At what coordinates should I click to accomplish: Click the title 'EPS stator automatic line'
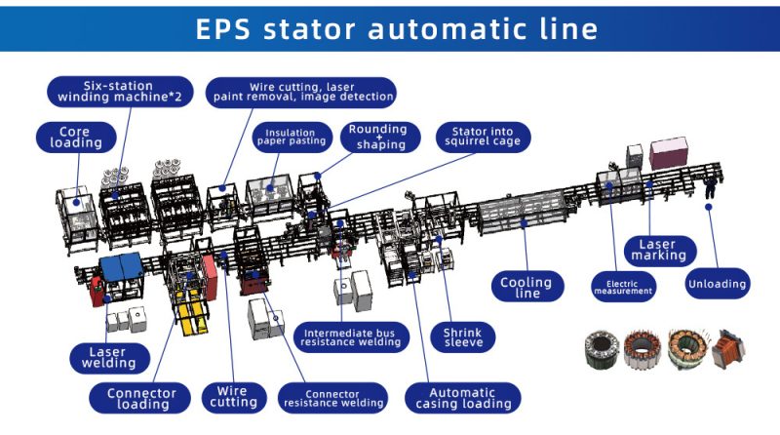tap(397, 29)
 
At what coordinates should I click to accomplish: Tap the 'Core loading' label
tap(76, 138)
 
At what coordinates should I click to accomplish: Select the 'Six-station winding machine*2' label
tap(120, 92)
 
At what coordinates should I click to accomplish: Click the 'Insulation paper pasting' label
tap(292, 137)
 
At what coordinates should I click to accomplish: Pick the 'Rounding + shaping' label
tap(380, 137)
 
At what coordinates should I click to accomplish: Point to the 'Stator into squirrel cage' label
tap(483, 137)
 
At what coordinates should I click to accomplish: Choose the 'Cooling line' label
tap(527, 287)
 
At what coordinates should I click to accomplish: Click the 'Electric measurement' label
tap(623, 287)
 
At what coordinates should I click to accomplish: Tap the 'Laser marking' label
tap(660, 251)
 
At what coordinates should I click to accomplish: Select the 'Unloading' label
tap(718, 284)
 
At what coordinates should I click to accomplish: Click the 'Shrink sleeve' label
tap(463, 337)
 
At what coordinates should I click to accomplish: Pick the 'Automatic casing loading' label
tap(463, 398)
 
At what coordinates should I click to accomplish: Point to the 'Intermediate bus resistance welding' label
tap(351, 336)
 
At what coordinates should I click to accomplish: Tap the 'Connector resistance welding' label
tap(332, 398)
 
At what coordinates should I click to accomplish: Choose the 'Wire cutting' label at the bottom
tap(234, 397)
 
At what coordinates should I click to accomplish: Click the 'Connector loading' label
tap(140, 398)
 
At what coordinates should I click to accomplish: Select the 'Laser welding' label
tap(109, 358)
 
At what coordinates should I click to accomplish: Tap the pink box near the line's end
tap(669, 153)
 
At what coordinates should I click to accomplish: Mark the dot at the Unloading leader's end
tap(709, 207)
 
